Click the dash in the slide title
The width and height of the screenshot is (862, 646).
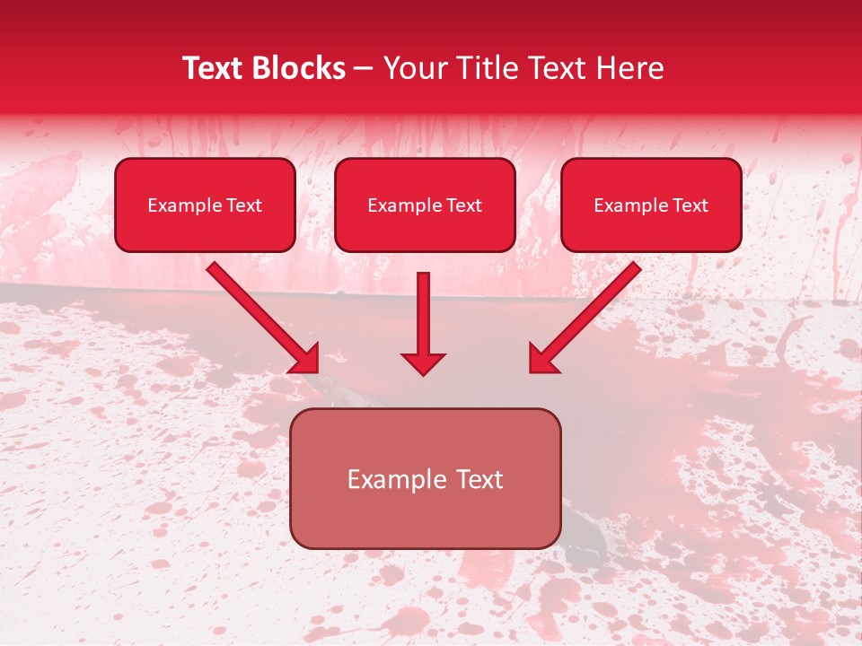365,69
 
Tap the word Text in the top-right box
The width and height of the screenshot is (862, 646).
690,205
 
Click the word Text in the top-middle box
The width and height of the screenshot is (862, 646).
464,205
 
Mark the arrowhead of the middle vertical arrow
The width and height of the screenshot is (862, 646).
423,362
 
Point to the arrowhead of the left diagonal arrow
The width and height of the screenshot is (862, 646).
305,359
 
